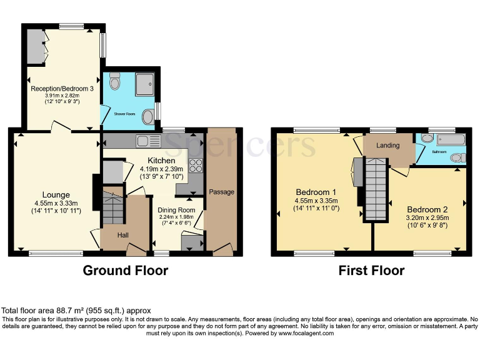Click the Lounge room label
click(x=56, y=195)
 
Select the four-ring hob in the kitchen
click(x=196, y=166)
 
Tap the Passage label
click(x=221, y=192)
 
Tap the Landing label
click(x=387, y=146)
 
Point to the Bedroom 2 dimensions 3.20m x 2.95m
click(x=427, y=217)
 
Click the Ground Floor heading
click(x=126, y=271)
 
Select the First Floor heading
click(x=371, y=271)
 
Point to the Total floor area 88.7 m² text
click(x=76, y=311)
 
